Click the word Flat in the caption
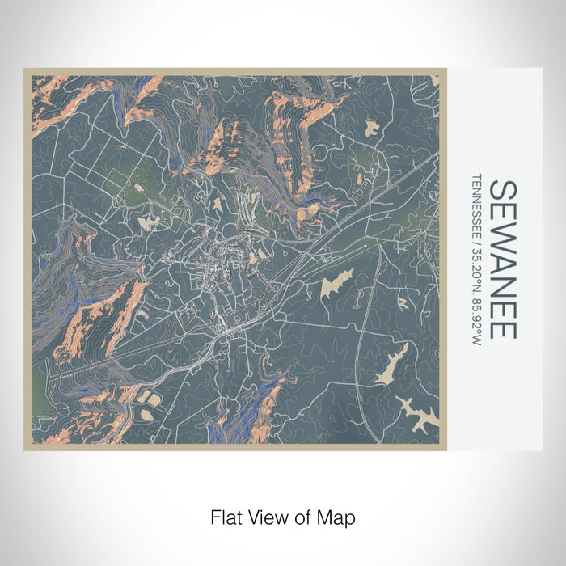click(x=225, y=516)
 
